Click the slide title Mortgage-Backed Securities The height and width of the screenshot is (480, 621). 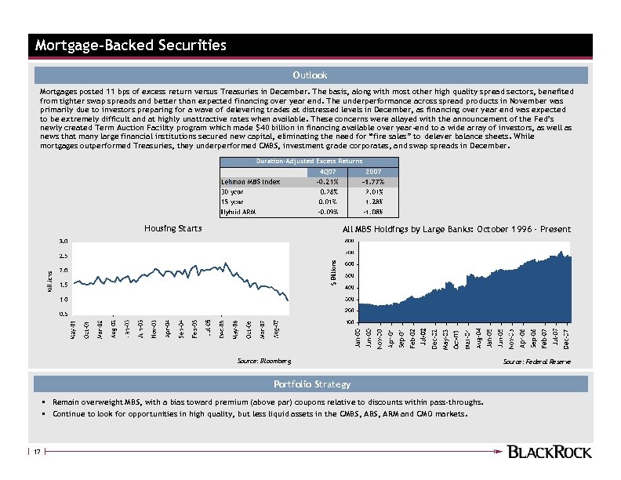tap(130, 45)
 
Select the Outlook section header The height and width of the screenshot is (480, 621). tap(310, 75)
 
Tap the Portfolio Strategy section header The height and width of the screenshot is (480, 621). tap(311, 384)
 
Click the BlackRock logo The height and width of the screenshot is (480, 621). tap(550, 451)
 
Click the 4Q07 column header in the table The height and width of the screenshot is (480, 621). tap(328, 172)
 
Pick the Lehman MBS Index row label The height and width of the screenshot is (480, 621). tap(250, 182)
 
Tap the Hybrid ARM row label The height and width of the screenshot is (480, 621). tap(238, 211)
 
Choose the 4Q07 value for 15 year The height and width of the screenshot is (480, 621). tap(328, 202)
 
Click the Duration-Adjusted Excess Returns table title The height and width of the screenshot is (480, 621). tap(309, 161)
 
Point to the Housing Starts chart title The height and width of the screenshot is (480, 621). tap(173, 228)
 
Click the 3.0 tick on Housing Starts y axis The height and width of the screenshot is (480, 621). tap(63, 242)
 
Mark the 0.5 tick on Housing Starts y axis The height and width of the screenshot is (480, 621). tap(63, 314)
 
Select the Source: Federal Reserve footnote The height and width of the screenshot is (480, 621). tap(537, 362)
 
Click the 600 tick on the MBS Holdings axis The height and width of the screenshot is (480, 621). tap(349, 264)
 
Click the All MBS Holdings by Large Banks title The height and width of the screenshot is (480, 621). tap(456, 229)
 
